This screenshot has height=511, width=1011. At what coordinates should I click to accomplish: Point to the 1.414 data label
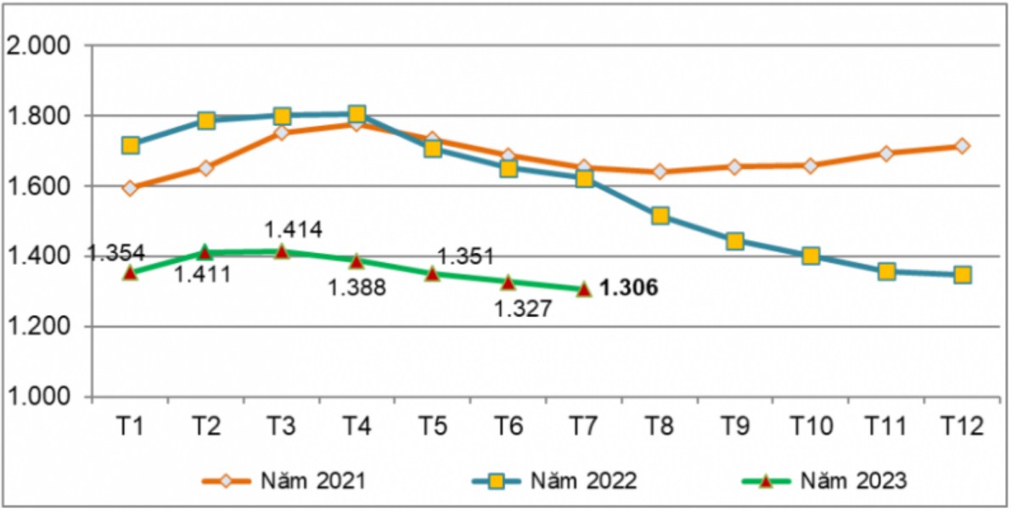(293, 230)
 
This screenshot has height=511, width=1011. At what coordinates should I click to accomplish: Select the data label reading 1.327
(523, 309)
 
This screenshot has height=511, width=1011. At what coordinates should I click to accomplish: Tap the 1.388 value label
(357, 289)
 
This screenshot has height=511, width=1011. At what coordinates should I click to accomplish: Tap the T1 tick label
(130, 427)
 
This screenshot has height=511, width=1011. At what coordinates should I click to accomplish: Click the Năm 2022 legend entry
(555, 481)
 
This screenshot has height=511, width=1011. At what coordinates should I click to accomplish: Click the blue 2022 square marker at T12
(963, 275)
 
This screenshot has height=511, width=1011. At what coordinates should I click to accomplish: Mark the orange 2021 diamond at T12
(963, 146)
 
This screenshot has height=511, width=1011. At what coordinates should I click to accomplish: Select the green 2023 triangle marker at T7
(584, 289)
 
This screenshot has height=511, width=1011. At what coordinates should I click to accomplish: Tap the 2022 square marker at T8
(660, 216)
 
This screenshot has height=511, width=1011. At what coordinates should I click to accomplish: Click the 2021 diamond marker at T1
(130, 188)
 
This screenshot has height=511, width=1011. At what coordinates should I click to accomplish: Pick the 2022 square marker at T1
(130, 145)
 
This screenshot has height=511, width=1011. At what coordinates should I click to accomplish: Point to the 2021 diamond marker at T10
(811, 166)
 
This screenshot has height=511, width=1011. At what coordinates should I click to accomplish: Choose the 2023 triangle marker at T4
(357, 261)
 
